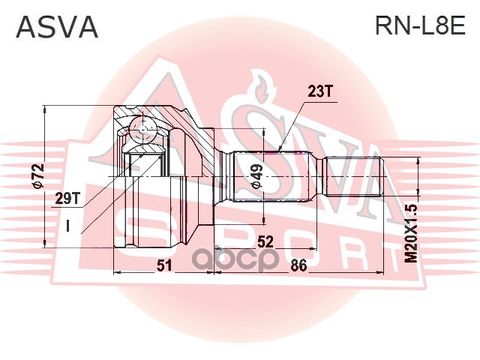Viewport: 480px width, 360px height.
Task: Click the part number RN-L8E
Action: tap(420, 28)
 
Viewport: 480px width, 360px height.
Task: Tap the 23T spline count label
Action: tap(319, 91)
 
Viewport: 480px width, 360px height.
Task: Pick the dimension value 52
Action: tap(264, 241)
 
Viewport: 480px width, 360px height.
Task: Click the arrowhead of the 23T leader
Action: tap(280, 148)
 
